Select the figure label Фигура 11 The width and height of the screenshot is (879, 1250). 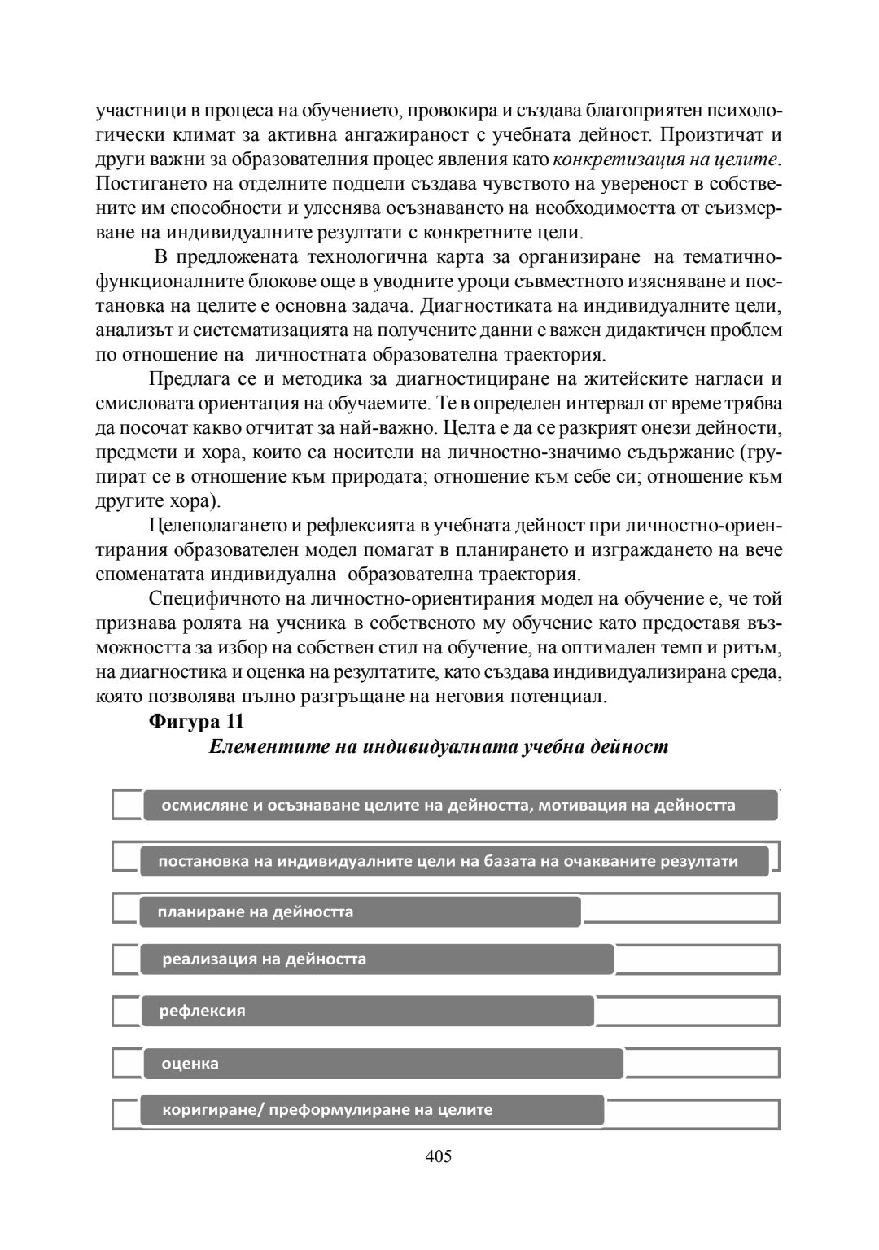[x=196, y=721]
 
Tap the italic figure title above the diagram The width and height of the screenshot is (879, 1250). [x=438, y=746]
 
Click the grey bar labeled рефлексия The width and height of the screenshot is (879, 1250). [x=368, y=1011]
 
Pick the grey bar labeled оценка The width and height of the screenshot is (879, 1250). [x=383, y=1063]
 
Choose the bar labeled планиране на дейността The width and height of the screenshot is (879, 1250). [x=361, y=911]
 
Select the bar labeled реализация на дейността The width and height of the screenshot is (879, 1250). [x=377, y=959]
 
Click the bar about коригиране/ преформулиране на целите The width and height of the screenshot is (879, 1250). [x=372, y=1109]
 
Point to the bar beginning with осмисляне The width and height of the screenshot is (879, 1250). [x=461, y=805]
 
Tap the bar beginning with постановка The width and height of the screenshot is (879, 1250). [x=454, y=861]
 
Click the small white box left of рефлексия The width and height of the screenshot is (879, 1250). [x=126, y=1011]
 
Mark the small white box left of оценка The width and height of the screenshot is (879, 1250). [x=126, y=1063]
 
